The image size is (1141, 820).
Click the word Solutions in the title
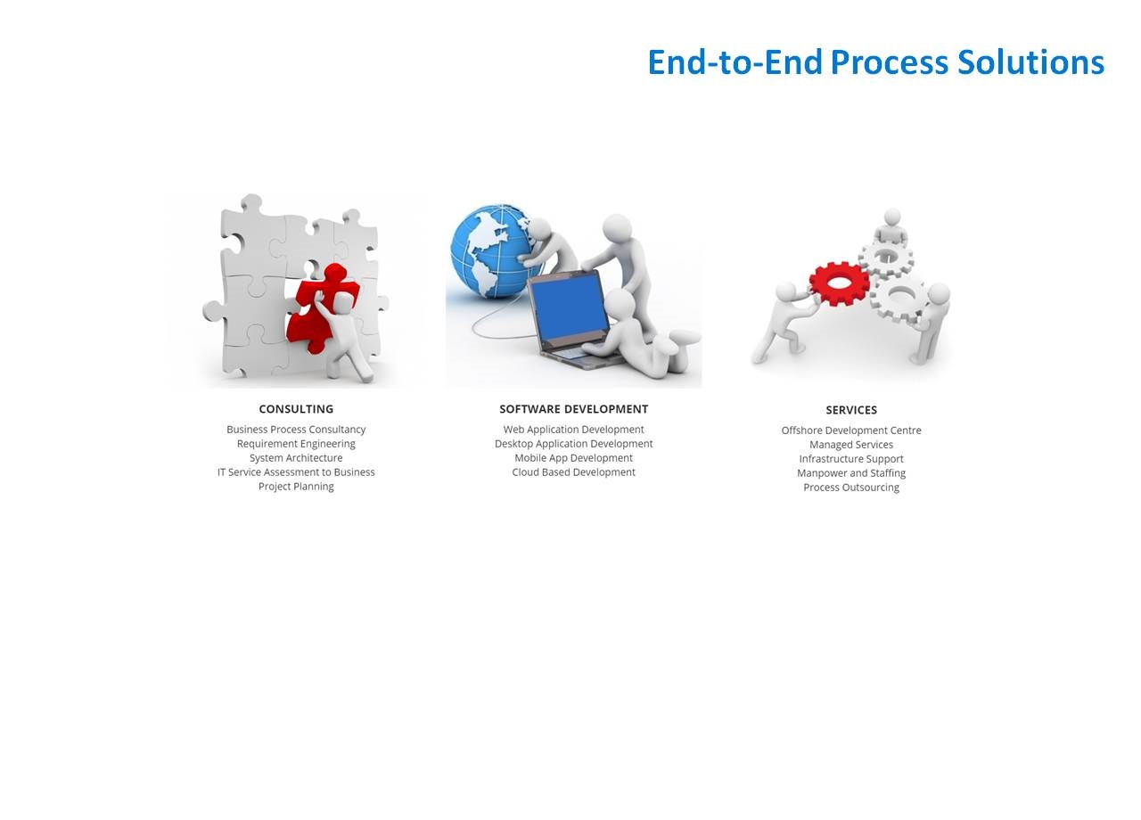click(x=1031, y=62)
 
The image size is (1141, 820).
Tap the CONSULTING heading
click(x=296, y=409)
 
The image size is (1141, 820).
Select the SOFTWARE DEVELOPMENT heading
click(x=573, y=409)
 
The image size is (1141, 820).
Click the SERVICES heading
click(x=851, y=410)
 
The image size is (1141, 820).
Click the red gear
click(x=840, y=283)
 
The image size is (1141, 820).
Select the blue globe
click(x=491, y=251)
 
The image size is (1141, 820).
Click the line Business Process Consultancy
click(x=296, y=430)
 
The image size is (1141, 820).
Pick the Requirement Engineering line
click(x=296, y=444)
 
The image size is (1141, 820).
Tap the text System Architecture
click(x=296, y=458)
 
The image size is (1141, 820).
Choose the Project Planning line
click(x=296, y=487)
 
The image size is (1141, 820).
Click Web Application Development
click(x=573, y=430)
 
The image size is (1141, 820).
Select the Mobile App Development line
click(x=573, y=458)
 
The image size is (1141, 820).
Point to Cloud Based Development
click(x=573, y=472)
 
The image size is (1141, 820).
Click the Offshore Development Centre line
click(x=851, y=430)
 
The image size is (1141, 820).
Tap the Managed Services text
click(x=851, y=445)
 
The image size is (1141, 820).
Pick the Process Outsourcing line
click(x=851, y=488)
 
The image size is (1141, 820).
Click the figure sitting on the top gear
click(x=891, y=227)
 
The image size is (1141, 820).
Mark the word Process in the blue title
click(x=890, y=62)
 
